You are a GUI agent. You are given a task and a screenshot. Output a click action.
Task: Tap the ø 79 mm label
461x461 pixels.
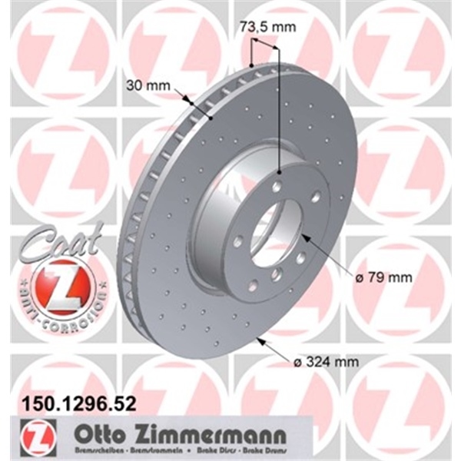pos(390,277)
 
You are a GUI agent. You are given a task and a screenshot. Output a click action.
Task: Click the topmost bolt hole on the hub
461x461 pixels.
pos(276,184)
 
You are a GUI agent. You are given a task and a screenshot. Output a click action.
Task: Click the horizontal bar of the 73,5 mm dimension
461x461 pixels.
pos(264,46)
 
